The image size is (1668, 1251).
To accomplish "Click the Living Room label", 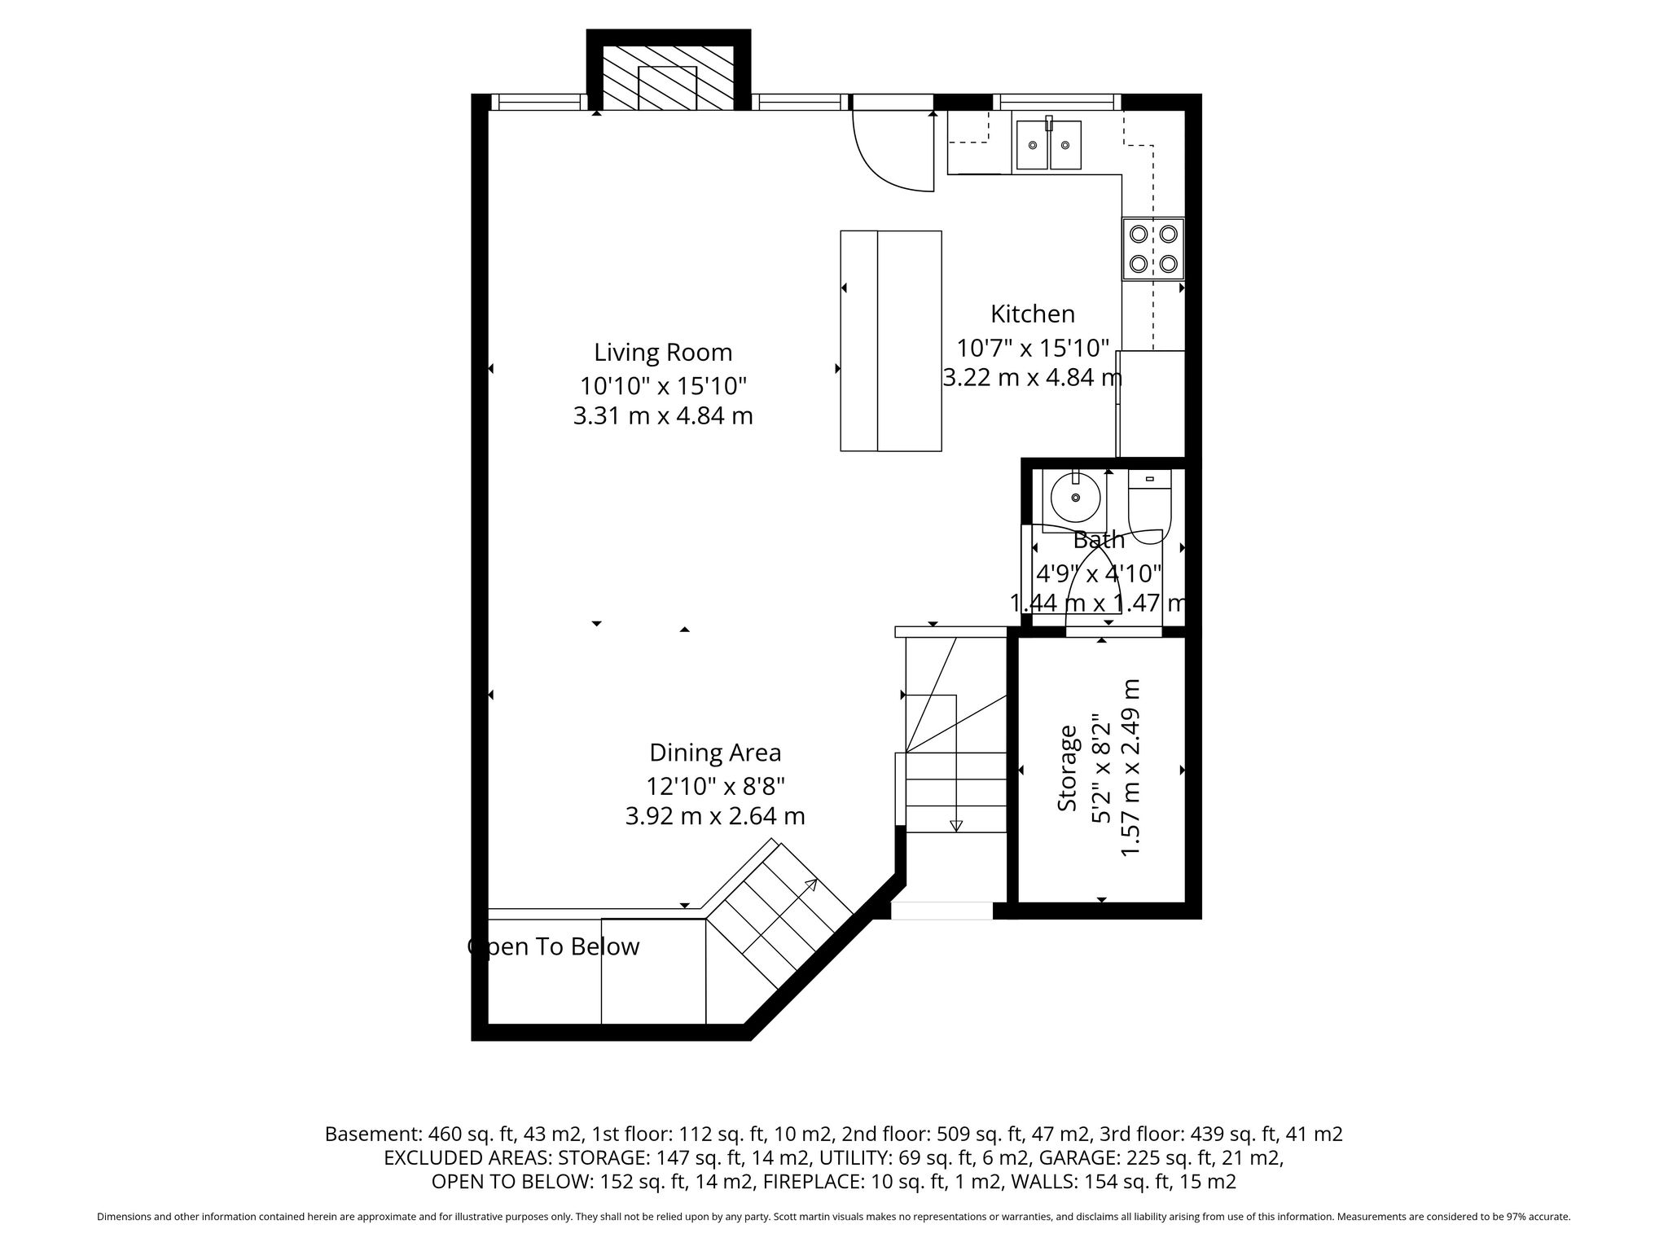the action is point(663,353).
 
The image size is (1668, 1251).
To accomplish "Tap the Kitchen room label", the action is point(1033,314).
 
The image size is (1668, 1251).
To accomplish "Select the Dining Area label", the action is point(715,753).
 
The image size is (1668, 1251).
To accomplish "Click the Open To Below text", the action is point(554,946).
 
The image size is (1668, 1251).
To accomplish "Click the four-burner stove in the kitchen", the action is point(1153,249).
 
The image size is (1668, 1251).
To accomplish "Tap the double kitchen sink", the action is point(1049,144).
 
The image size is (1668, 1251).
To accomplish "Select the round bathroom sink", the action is point(1076,498).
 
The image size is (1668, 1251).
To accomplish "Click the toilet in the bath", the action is point(1149,507).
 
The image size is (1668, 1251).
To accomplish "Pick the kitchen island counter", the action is point(891,340).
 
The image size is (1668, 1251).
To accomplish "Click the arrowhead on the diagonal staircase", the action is point(811,886).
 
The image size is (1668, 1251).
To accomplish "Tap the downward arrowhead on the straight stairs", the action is point(956,825).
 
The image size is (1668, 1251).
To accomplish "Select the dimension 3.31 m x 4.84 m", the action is point(663,415).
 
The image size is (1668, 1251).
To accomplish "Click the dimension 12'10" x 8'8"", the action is point(715,786).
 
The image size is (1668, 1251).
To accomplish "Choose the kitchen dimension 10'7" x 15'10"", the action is point(1033,348).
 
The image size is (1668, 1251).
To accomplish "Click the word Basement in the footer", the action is point(371,1134).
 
